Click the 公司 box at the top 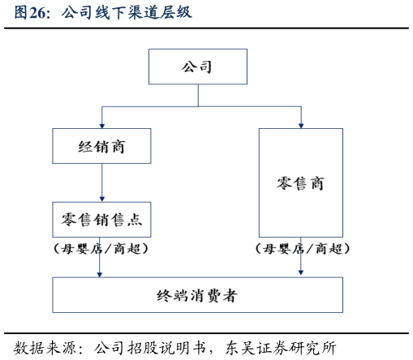pos(197,66)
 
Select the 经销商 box pos(101,147)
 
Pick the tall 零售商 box pos(300,182)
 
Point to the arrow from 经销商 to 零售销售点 pos(101,183)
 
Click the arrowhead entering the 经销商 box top pos(101,124)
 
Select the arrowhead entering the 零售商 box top pos(300,124)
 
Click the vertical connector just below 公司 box pos(197,94)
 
